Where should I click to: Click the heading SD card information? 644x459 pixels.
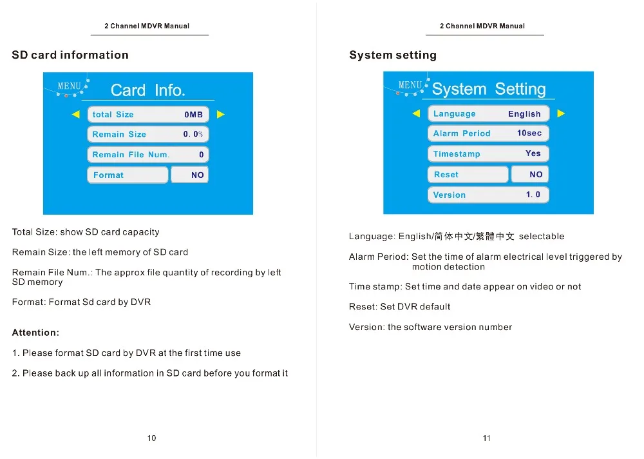[70, 55]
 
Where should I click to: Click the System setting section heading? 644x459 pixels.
[392, 55]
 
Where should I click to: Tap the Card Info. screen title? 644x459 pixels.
[147, 90]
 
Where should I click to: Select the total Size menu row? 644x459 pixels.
[147, 115]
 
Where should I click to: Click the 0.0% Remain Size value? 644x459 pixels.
[193, 134]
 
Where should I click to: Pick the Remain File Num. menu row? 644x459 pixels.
[147, 155]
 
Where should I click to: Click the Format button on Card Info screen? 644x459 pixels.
[127, 175]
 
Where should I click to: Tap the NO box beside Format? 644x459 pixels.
[190, 175]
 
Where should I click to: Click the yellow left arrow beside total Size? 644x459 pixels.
[76, 115]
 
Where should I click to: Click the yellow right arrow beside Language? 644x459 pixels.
[561, 113]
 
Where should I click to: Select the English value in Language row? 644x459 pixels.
[524, 114]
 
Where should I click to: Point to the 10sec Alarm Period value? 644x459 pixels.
[529, 133]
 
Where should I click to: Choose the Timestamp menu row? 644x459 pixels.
[488, 154]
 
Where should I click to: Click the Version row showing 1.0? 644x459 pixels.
[488, 195]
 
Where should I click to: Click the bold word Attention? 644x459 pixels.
[35, 333]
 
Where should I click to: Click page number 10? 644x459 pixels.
[151, 438]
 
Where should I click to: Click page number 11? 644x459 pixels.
[487, 438]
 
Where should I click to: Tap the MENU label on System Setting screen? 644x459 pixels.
[410, 85]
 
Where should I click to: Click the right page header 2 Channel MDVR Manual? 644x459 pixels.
[482, 26]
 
